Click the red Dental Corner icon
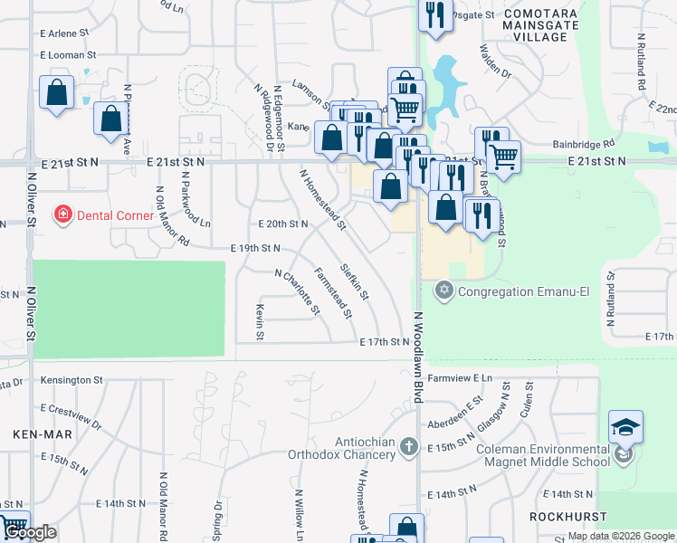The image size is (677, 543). tap(62, 215)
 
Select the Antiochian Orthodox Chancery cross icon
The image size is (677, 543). tap(409, 446)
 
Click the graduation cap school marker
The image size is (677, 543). tap(626, 427)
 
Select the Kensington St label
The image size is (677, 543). tap(71, 381)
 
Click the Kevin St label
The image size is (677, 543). tap(260, 322)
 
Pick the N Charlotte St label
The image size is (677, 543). tap(298, 291)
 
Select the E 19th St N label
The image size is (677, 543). tap(256, 247)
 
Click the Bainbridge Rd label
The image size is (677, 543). tap(584, 143)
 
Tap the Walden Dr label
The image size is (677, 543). tap(495, 61)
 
